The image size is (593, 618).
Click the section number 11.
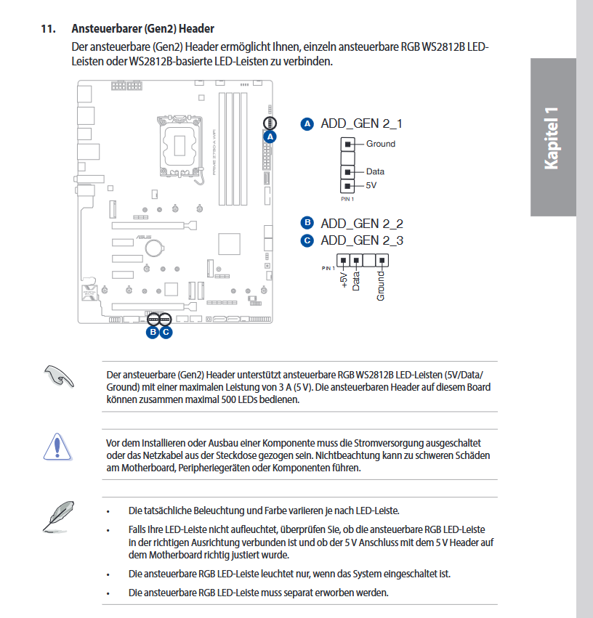(x=48, y=29)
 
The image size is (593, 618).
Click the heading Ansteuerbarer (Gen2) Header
(x=142, y=29)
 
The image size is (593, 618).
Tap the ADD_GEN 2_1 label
(x=361, y=123)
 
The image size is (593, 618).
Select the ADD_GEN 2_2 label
(x=361, y=223)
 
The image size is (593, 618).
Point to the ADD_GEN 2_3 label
(x=361, y=240)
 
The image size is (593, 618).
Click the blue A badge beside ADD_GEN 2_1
(x=307, y=124)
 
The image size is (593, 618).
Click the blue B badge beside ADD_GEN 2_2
(x=307, y=223)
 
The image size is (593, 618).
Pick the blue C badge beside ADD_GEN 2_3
(x=307, y=240)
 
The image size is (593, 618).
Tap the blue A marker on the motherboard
(x=270, y=136)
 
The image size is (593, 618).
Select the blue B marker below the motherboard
(x=153, y=332)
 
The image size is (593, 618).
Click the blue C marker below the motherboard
(x=166, y=332)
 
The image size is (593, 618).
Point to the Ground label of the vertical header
(x=381, y=144)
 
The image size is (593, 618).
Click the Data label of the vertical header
(x=375, y=171)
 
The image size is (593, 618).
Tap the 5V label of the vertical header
(x=372, y=185)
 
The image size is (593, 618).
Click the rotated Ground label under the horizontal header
(x=381, y=286)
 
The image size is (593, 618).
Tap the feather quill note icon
(x=56, y=514)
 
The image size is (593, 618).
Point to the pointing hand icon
(x=58, y=378)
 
